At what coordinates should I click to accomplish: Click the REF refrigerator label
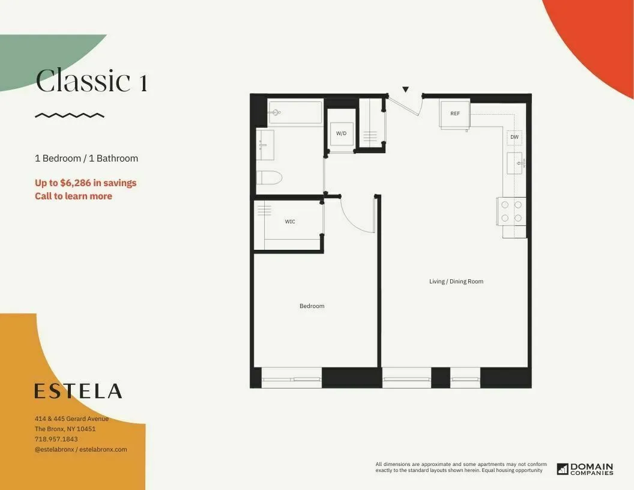coord(455,113)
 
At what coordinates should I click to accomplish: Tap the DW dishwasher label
coord(515,137)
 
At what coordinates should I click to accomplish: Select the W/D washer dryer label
coord(341,133)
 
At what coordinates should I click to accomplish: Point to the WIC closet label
coord(290,222)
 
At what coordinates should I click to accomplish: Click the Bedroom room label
coord(312,306)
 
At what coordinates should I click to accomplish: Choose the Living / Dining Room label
coord(456,282)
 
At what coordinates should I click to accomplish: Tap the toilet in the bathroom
coord(269,178)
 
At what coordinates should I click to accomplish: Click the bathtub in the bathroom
coord(295,112)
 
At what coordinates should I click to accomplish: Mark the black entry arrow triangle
coord(405,89)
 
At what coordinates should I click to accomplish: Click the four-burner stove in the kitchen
coord(512,211)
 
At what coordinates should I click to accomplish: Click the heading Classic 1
coord(92,81)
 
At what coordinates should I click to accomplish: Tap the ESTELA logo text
coord(78,391)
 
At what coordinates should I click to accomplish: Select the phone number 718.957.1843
coord(56,439)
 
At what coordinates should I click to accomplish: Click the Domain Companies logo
coord(585,469)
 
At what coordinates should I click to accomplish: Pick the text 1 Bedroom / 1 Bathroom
coord(86,159)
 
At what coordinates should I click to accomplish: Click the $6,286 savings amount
coord(77,183)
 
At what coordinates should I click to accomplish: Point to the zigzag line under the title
coord(70,115)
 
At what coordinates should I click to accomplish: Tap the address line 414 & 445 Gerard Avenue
coord(71,419)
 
